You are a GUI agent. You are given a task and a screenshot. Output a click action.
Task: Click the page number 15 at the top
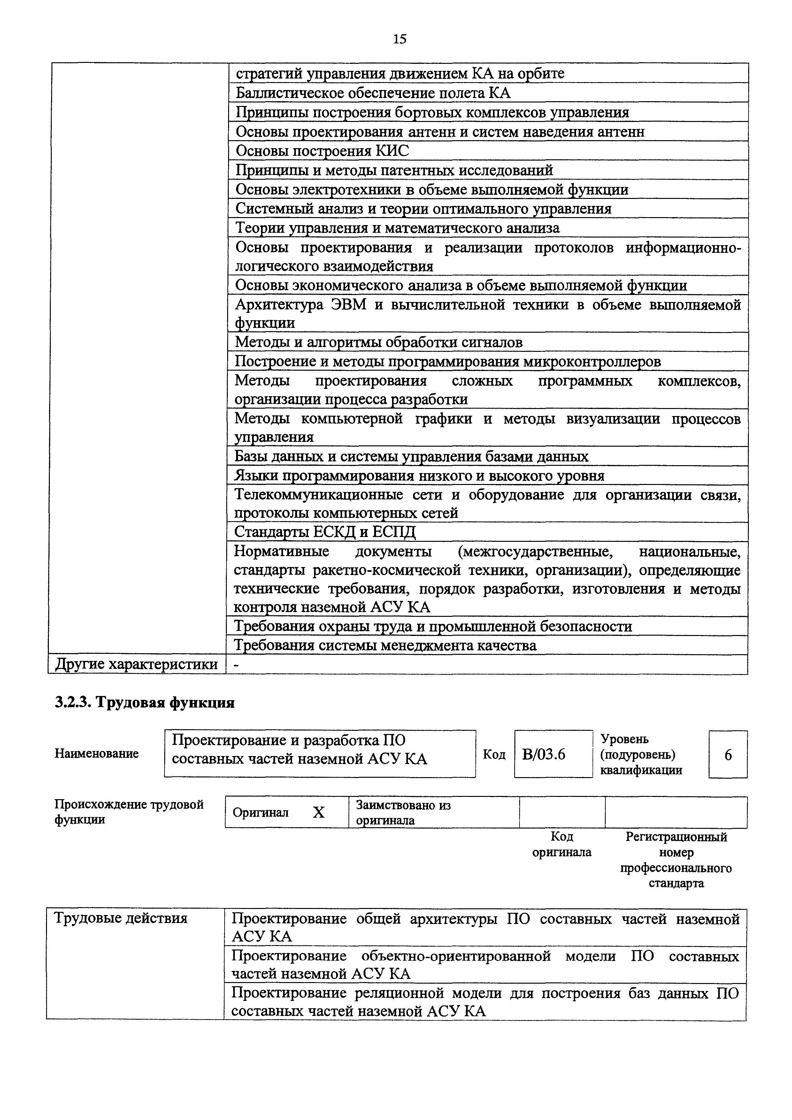pos(399,39)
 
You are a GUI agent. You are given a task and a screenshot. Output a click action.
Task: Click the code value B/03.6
pos(544,755)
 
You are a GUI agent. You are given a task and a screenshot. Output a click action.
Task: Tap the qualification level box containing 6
pos(727,755)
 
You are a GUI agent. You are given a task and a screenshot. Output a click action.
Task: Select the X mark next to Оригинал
pos(319,812)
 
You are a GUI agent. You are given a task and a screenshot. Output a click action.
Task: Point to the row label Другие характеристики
pos(137,664)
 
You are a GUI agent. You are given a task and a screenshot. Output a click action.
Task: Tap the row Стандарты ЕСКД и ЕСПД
pos(325,531)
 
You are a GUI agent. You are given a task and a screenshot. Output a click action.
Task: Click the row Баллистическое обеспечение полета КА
pos(373,93)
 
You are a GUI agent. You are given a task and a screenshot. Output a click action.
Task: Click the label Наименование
pos(96,754)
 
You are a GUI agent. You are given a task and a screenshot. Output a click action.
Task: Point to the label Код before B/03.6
pos(494,755)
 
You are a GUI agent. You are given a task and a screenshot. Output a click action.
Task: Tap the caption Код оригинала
pos(562,844)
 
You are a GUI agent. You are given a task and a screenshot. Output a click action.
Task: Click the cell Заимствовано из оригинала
pos(403,812)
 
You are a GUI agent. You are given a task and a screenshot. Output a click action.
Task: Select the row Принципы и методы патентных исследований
pos(394,170)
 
